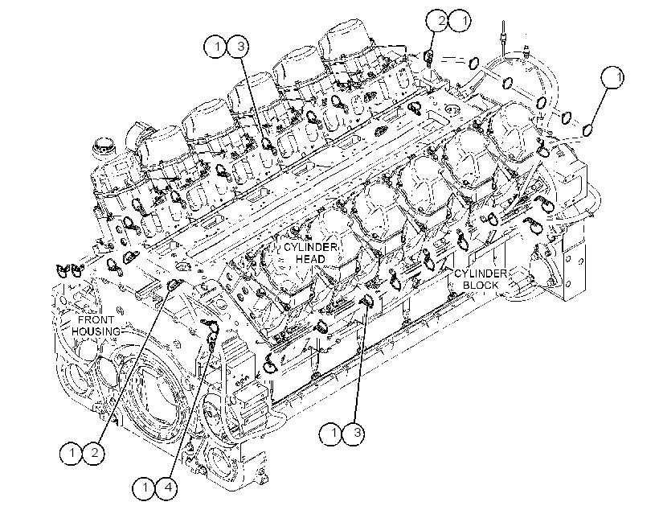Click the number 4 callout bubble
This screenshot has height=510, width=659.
pos(166,487)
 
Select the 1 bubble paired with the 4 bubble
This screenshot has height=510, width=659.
pos(144,487)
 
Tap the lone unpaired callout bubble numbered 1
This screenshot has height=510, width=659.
pos(612,77)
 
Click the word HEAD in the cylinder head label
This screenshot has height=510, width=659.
pos(310,258)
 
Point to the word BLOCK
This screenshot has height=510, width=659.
pos(481,285)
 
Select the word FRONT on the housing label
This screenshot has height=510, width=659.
pos(96,320)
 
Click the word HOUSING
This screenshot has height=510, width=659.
pos(96,331)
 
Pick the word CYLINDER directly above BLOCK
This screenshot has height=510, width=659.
pos(481,274)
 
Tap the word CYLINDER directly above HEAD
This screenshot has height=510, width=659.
pos(310,247)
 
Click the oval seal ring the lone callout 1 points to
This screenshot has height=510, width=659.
pos(588,130)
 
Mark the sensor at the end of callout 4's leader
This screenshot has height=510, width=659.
pos(212,338)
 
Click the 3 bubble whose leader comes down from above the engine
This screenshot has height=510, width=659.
pos(239,47)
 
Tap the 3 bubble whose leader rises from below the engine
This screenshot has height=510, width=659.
pos(354,433)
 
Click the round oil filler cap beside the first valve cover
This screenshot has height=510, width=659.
pos(103,147)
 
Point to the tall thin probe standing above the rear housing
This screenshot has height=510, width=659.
pos(503,35)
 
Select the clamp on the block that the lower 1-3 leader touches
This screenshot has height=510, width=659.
pos(367,300)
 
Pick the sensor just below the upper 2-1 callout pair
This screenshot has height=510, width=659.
pos(428,58)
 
